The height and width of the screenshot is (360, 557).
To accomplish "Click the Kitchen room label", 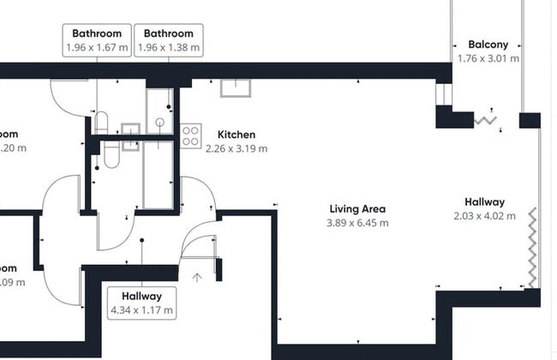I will pos(236,135).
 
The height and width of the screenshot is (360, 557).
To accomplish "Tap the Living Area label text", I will pos(357,209).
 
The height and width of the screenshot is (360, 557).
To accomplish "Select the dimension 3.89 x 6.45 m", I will pos(357,223).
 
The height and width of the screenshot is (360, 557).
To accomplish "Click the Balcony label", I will pos(488,45).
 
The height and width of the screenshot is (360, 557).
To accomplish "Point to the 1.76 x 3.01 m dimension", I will pos(488,58).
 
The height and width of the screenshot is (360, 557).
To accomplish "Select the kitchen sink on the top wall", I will pos(234,87).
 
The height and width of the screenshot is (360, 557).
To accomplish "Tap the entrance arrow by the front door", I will pos(197,277).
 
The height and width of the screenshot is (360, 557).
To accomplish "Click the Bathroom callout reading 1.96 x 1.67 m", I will pos(97,40).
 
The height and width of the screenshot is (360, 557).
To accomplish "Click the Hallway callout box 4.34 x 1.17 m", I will pos(141,303).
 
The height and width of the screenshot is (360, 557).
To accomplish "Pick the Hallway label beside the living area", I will pos(484,202).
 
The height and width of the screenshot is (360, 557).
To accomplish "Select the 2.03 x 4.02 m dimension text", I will pos(484,216).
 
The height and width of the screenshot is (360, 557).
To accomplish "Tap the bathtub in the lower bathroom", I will pos(158,176).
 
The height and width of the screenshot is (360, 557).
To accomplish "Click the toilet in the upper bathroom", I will pos(100,122).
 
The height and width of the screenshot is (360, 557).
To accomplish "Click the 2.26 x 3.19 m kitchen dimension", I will pos(236,148).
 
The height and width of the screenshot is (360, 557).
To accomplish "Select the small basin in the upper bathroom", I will pos(129,130).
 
